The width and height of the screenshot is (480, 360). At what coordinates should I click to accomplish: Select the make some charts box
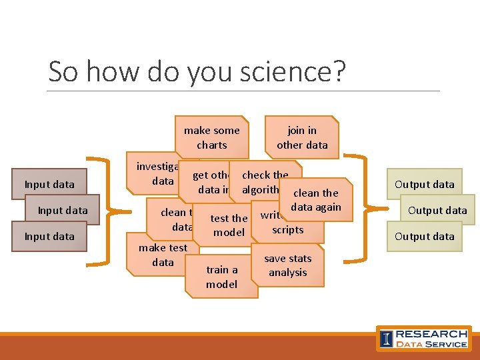point(211,137)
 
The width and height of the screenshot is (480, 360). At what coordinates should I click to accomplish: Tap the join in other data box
point(302,137)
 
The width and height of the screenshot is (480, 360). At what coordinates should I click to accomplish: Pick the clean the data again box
point(315,199)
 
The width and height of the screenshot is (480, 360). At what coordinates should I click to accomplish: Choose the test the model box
point(229,225)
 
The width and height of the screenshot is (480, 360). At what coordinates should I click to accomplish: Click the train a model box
point(221,277)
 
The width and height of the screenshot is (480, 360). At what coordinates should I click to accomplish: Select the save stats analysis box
point(287,265)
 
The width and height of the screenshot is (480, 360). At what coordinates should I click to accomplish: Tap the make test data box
point(162,255)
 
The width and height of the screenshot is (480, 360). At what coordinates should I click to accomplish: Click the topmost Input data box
point(49,184)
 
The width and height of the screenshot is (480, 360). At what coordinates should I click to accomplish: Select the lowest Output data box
point(424,236)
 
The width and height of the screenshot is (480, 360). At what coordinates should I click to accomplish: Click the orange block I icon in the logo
point(386,338)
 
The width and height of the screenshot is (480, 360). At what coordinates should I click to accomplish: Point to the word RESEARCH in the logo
point(431,333)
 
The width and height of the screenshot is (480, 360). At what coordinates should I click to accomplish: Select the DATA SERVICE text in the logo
point(431,344)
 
